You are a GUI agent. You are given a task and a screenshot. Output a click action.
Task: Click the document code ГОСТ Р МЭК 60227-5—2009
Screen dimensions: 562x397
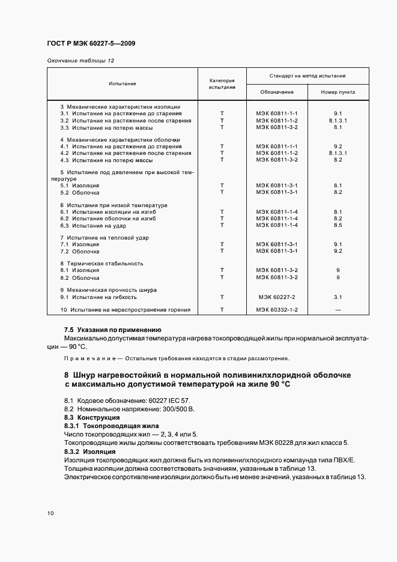point(88,43)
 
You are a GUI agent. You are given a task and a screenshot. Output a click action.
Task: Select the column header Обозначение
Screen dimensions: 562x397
point(277,92)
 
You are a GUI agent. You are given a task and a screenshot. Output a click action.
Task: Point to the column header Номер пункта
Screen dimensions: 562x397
point(338,92)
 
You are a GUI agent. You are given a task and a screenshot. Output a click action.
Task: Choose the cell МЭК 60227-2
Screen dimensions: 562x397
point(277,297)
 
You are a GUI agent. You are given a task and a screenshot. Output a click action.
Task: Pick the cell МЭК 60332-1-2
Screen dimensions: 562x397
point(277,310)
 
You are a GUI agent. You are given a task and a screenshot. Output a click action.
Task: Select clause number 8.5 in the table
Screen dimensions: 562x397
point(338,225)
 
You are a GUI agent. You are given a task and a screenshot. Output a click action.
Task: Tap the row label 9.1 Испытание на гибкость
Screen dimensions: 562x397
point(98,297)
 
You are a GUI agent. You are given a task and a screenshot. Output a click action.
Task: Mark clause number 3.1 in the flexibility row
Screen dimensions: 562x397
point(338,297)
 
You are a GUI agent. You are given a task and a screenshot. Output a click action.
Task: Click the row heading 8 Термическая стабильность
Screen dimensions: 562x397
point(102,264)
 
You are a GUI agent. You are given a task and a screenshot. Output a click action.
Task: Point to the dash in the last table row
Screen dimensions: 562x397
point(338,310)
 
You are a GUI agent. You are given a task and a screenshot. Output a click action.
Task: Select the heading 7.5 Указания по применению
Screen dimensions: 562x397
point(113,330)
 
